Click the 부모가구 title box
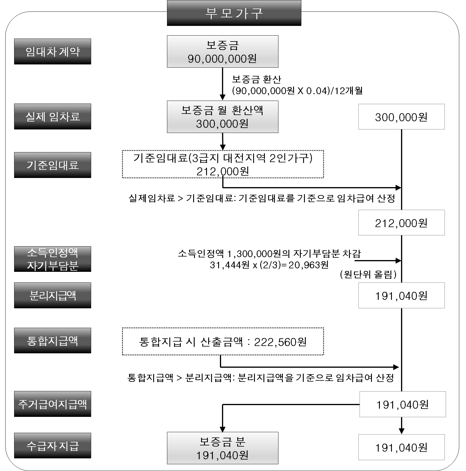(234, 13)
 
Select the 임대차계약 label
(53, 51)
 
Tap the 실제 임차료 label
(53, 116)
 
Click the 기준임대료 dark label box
(53, 165)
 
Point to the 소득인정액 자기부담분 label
(53, 259)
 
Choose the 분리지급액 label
(53, 295)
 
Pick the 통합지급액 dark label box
(53, 341)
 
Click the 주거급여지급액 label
(53, 404)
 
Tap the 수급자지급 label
(53, 446)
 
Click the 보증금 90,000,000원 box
(223, 52)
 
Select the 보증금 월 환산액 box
(223, 117)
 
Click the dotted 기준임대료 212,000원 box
(223, 164)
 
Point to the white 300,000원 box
(401, 117)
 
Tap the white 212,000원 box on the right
(401, 223)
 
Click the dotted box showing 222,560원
(223, 342)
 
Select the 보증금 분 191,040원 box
(223, 448)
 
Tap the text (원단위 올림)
(368, 274)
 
